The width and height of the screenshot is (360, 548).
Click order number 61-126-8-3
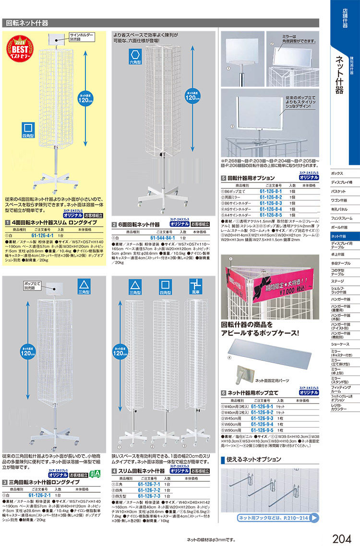[x=270, y=203]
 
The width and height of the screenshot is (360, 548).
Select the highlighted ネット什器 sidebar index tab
[x=345, y=236]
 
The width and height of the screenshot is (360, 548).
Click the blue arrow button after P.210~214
[x=313, y=518]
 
